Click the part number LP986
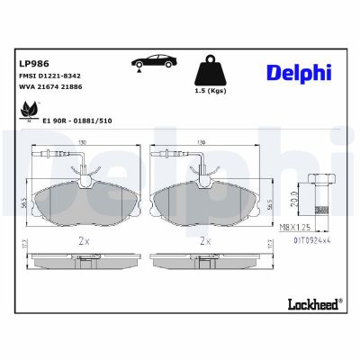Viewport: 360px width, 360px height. coord(33,64)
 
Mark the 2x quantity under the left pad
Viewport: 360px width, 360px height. coord(82,242)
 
